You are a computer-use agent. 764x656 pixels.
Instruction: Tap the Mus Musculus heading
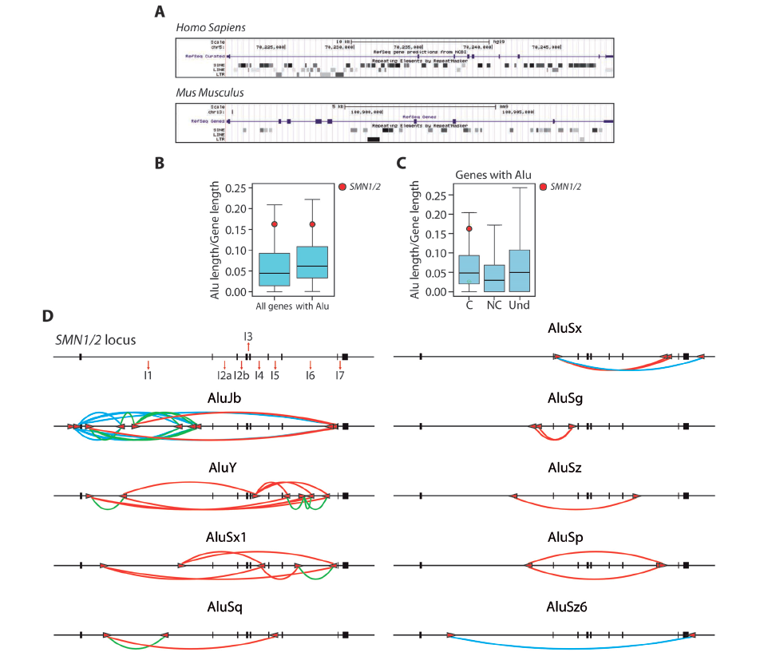[209, 93]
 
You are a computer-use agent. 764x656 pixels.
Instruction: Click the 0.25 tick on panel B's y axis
[235, 188]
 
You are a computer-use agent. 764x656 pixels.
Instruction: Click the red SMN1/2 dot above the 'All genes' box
[275, 225]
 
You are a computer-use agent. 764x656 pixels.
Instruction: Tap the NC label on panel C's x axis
[493, 306]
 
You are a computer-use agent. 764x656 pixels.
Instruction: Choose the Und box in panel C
[521, 271]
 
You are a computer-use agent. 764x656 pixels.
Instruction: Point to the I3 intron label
[248, 336]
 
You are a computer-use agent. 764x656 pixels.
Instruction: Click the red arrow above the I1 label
[148, 366]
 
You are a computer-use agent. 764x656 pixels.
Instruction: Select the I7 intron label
[340, 376]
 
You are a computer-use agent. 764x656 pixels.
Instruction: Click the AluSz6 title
[566, 609]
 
